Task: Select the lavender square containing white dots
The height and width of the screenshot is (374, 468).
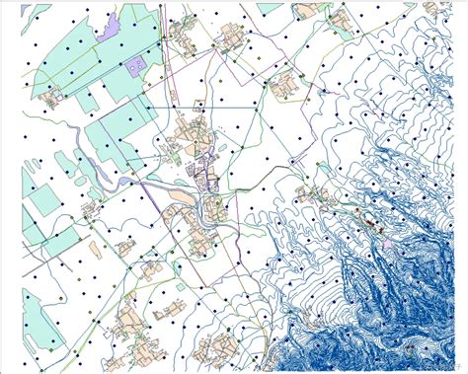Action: [x=135, y=64]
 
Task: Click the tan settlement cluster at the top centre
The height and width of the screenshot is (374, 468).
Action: [x=183, y=35]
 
